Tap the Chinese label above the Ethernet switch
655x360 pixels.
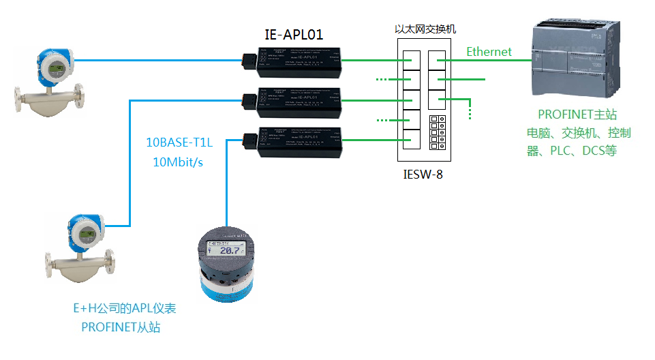(426, 29)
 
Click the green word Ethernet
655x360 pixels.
(489, 51)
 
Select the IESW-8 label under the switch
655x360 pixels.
(423, 175)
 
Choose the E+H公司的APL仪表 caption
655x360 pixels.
(125, 308)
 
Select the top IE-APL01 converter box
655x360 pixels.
(299, 61)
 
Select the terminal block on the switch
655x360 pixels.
(437, 134)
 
